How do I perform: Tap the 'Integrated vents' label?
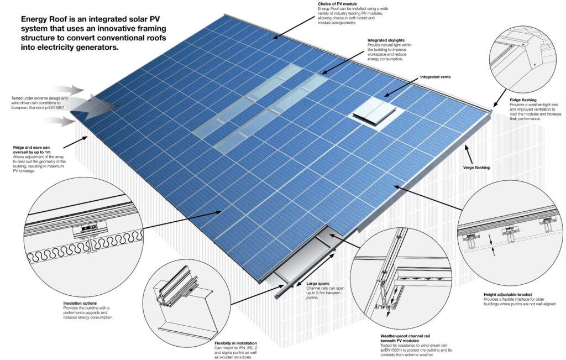tap(438, 77)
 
